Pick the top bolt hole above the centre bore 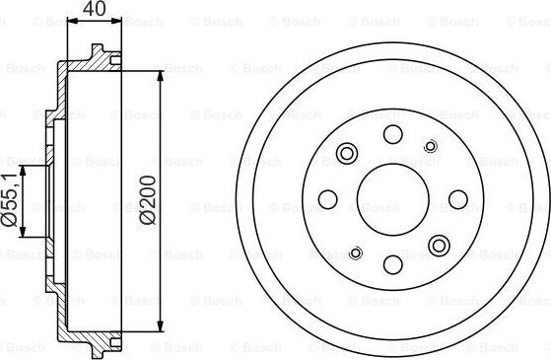point(392,136)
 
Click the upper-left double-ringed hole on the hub point(346,154)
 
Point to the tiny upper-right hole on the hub point(429,146)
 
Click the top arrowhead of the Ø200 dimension point(160,73)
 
